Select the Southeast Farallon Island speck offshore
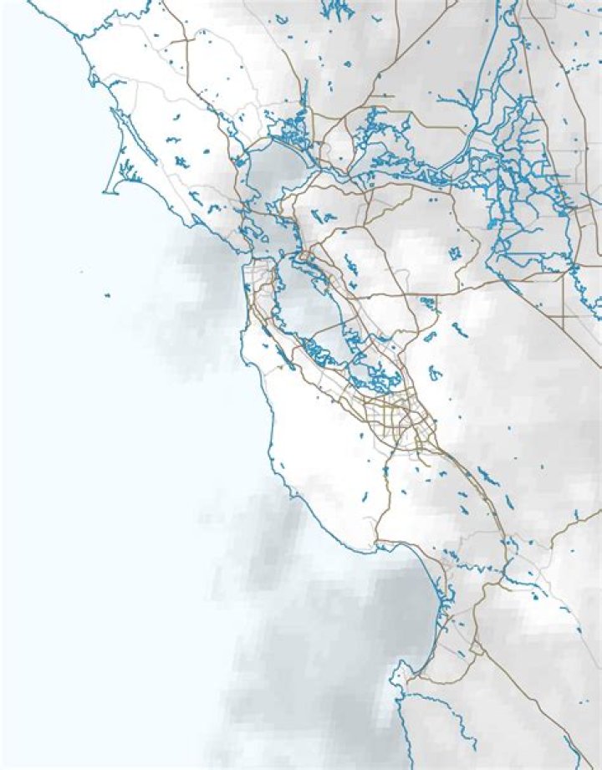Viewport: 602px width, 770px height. click(108, 295)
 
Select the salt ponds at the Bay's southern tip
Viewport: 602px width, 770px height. click(368, 380)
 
